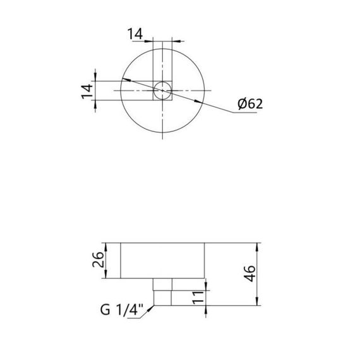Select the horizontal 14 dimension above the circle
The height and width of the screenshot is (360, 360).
(135, 33)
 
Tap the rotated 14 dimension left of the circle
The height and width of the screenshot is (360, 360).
(87, 90)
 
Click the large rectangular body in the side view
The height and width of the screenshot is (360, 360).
(162, 260)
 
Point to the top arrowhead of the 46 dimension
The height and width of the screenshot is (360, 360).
(258, 246)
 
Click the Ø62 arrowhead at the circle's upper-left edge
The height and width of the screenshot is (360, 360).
(124, 80)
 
